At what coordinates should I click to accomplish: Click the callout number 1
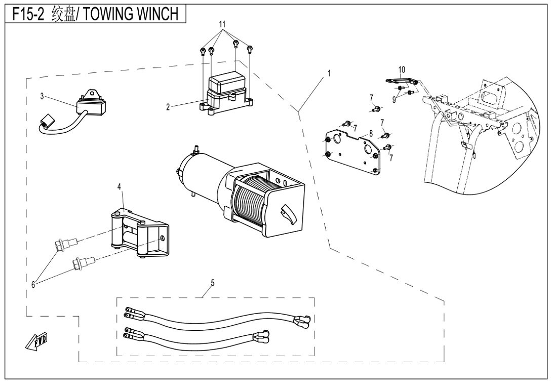329,73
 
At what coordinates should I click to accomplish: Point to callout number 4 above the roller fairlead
120,187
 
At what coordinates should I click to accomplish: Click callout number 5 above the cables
213,283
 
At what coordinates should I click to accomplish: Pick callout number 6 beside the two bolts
33,285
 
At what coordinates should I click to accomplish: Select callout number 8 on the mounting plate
371,133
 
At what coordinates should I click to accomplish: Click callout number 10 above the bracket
402,68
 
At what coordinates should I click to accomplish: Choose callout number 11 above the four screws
221,24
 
